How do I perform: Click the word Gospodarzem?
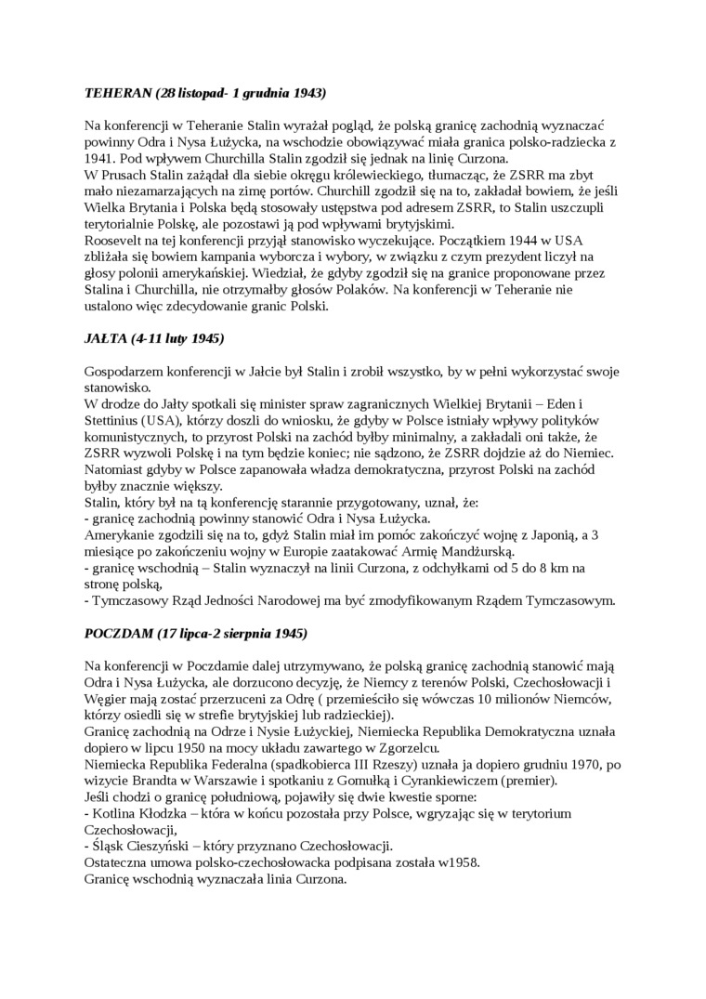[127, 372]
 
